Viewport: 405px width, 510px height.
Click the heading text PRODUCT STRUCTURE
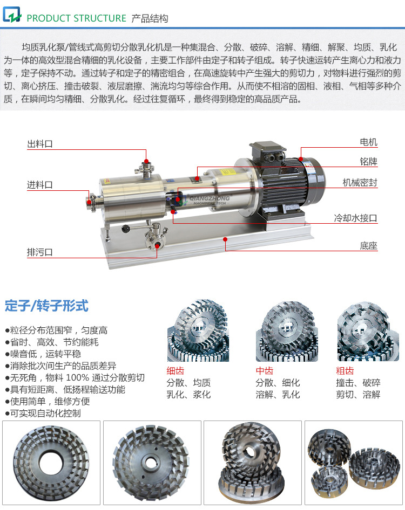(x=76, y=18)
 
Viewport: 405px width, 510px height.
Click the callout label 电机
(x=368, y=142)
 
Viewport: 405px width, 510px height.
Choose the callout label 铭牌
(x=368, y=162)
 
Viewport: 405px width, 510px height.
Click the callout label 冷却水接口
(x=355, y=218)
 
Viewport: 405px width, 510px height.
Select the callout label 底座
(x=368, y=246)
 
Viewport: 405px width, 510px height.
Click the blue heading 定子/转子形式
(x=46, y=306)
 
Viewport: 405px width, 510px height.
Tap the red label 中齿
(x=264, y=371)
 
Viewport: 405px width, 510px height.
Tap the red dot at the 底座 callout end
(x=225, y=238)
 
